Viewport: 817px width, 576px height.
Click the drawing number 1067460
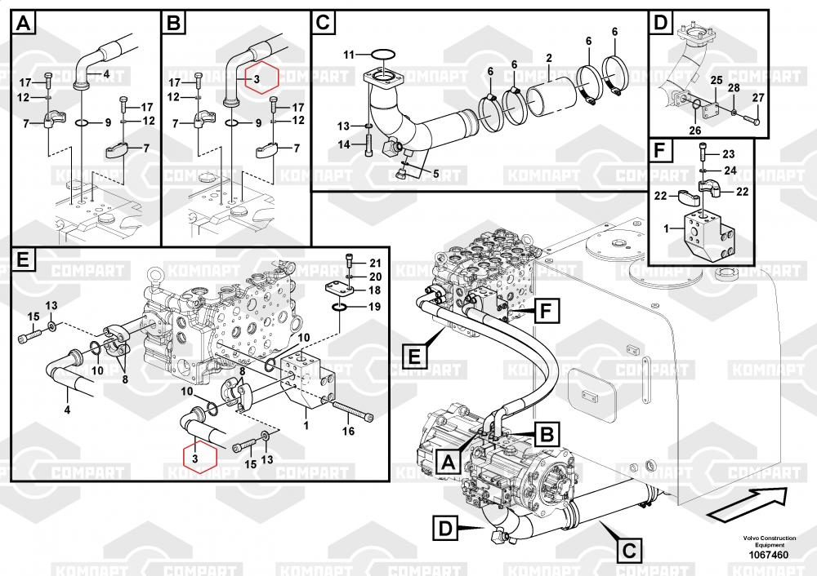pos(769,555)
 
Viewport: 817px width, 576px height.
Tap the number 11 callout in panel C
pos(349,55)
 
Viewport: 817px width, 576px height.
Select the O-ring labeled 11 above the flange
pos(383,53)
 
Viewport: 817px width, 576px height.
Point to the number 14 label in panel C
pos(344,144)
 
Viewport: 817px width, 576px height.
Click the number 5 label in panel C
pos(435,173)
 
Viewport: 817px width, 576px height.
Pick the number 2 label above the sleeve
pos(549,58)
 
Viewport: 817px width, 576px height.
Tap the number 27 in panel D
pos(758,98)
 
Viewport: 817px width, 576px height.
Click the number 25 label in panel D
pos(717,80)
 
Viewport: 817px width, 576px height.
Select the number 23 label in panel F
pos(729,154)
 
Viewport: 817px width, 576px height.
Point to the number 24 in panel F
pos(730,171)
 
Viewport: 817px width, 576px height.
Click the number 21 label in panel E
pos(375,264)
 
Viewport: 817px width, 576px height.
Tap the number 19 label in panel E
pos(374,307)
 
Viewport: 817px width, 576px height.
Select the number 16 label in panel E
pos(348,431)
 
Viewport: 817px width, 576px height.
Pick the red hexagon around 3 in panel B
pos(262,78)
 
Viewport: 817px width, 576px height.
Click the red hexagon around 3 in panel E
pos(200,458)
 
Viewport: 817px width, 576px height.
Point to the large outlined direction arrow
pos(748,504)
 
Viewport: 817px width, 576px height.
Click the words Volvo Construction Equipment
pos(770,541)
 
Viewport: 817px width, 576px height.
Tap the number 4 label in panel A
pos(106,74)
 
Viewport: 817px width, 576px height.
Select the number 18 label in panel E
pos(374,290)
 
